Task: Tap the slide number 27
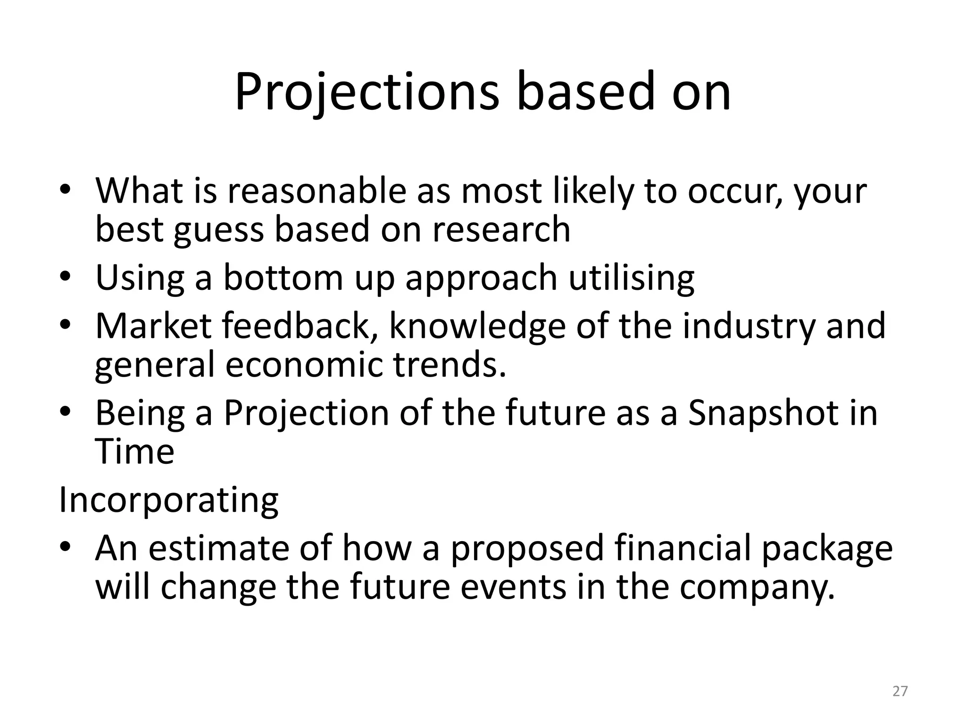pyautogui.click(x=900, y=691)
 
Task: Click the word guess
pyautogui.click(x=218, y=230)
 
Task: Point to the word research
pyautogui.click(x=501, y=229)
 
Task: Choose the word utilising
pyautogui.click(x=631, y=278)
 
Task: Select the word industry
pyautogui.click(x=748, y=327)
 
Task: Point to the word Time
pyautogui.click(x=135, y=452)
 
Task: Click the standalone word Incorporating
pyautogui.click(x=168, y=501)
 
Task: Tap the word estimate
pyautogui.click(x=220, y=548)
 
